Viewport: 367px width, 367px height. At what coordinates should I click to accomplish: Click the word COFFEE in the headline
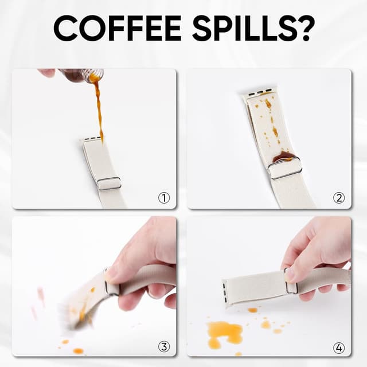click(x=118, y=29)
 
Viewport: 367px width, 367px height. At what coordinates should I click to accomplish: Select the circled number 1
click(x=164, y=198)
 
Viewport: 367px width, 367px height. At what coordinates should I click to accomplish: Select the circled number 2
click(x=339, y=198)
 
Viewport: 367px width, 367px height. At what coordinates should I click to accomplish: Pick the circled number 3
click(x=164, y=346)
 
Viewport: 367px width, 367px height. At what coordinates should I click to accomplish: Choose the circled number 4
click(x=339, y=348)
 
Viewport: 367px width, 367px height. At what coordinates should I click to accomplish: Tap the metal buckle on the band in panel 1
click(x=110, y=183)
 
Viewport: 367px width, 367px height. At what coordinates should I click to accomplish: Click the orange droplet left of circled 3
click(x=78, y=350)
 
